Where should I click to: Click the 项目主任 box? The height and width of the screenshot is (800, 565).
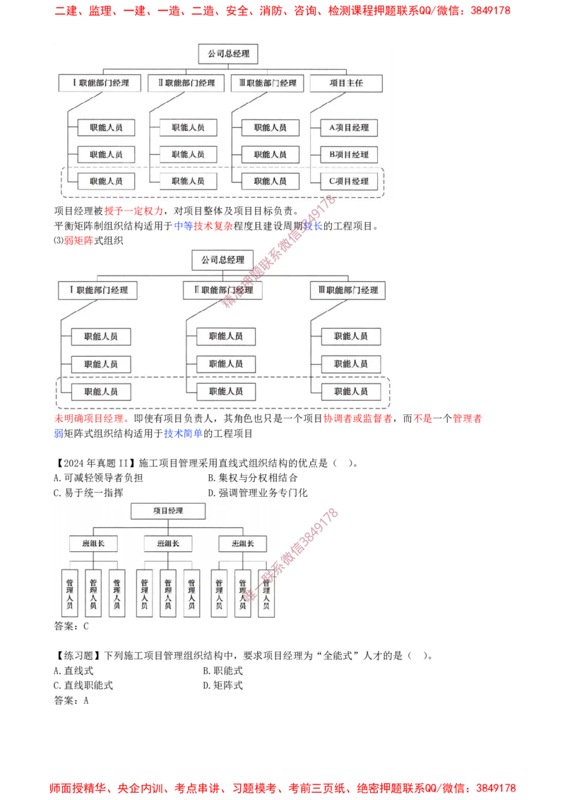click(x=346, y=83)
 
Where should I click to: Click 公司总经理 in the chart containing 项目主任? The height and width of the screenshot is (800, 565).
click(x=228, y=54)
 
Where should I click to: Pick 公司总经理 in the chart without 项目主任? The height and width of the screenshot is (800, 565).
click(x=222, y=260)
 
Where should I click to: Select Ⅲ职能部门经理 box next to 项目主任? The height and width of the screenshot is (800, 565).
click(x=268, y=83)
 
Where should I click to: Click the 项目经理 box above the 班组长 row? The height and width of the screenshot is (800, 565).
click(x=168, y=510)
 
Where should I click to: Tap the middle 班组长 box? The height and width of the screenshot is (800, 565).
click(x=168, y=543)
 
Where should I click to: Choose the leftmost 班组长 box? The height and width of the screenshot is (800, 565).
click(x=93, y=543)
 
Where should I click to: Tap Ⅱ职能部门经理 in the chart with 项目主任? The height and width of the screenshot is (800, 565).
click(x=186, y=83)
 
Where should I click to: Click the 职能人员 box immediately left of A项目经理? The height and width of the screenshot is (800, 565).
click(x=270, y=128)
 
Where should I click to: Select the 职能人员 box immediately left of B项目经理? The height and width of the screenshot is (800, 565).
click(x=270, y=155)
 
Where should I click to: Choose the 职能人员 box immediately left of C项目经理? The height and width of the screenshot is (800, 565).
click(x=270, y=181)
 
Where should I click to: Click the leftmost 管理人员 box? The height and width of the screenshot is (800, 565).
click(x=70, y=593)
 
